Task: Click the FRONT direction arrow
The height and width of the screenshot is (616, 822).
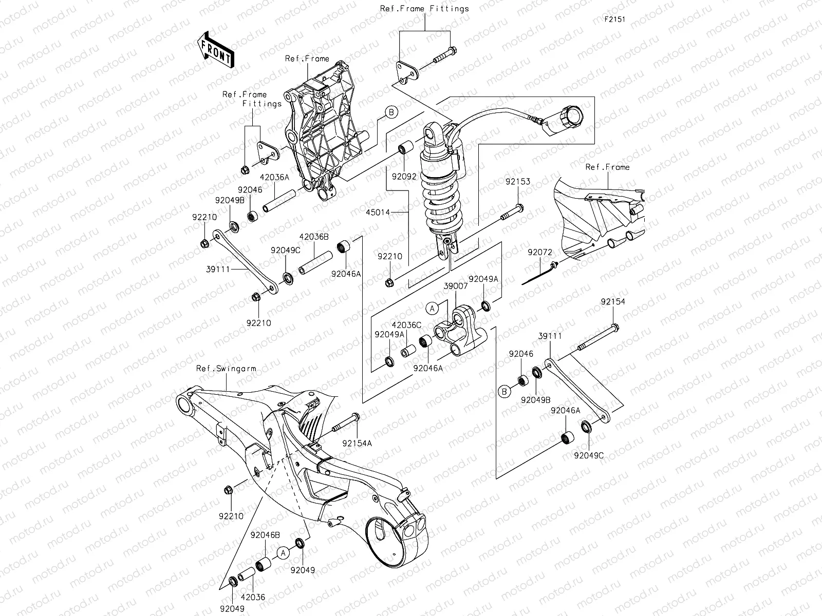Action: pyautogui.click(x=215, y=49)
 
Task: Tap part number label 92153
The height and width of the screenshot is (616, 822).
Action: pyautogui.click(x=517, y=182)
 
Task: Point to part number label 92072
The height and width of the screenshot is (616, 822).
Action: pyautogui.click(x=539, y=252)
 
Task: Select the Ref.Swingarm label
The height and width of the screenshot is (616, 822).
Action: pyautogui.click(x=226, y=369)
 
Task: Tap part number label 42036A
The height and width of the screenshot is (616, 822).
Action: pyautogui.click(x=274, y=176)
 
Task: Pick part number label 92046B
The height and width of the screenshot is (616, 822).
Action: pyautogui.click(x=265, y=535)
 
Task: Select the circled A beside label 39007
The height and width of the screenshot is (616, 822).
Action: pyautogui.click(x=433, y=308)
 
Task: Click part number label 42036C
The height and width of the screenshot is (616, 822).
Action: pyautogui.click(x=406, y=324)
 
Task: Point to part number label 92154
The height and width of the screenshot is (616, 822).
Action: pyautogui.click(x=613, y=302)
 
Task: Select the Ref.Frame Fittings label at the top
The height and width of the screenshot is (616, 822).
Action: pyautogui.click(x=424, y=9)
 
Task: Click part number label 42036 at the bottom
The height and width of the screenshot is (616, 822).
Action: pyautogui.click(x=253, y=598)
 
